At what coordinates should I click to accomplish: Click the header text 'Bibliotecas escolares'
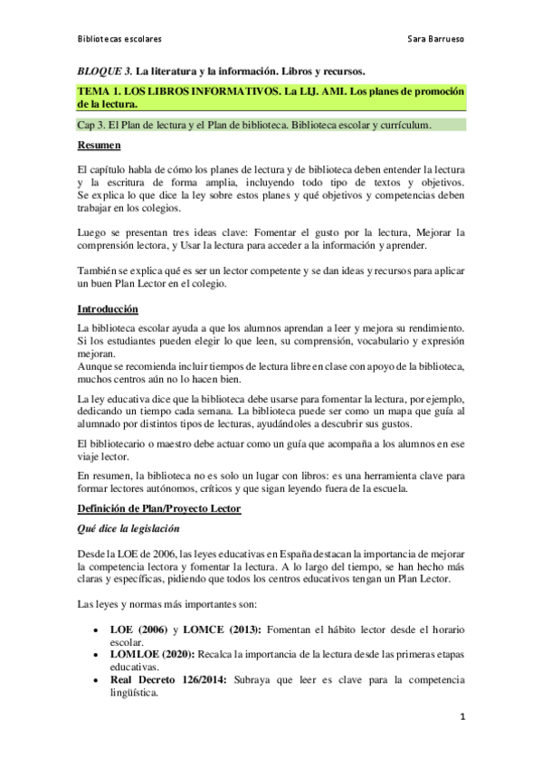119,41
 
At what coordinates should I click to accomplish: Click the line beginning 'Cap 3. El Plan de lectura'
254,125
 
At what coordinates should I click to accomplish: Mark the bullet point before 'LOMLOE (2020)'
96,656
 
